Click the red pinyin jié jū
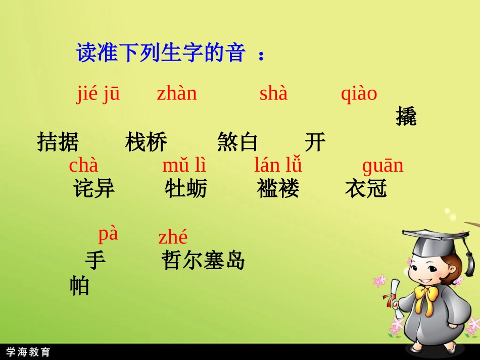click(x=99, y=93)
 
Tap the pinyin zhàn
click(x=176, y=93)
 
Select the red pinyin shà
click(x=273, y=93)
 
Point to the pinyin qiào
click(x=359, y=93)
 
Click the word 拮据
click(x=58, y=143)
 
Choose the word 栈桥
click(x=146, y=143)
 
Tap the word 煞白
click(x=237, y=143)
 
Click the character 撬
click(x=406, y=117)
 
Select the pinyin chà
click(x=83, y=165)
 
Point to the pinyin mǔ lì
click(x=184, y=166)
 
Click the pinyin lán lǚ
click(x=278, y=166)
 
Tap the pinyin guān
click(x=383, y=166)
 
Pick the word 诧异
click(x=94, y=189)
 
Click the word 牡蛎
click(x=185, y=189)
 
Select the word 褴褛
click(x=278, y=189)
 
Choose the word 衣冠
click(x=366, y=189)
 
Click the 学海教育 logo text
click(x=28, y=352)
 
